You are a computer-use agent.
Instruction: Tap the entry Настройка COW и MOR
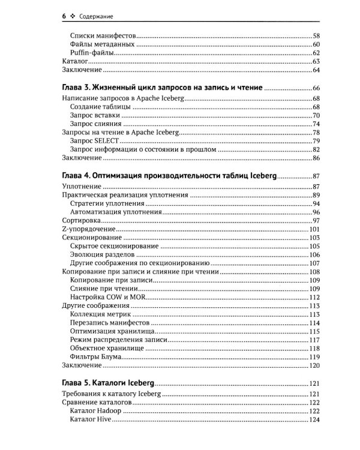(107, 298)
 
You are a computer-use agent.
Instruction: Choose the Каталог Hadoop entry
(96, 411)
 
